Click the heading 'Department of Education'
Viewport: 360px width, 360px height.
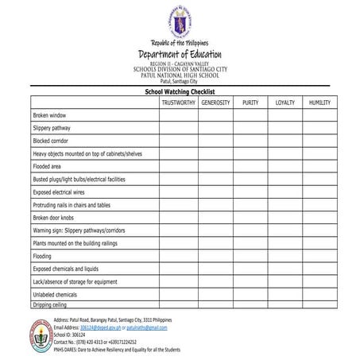pyautogui.click(x=180, y=53)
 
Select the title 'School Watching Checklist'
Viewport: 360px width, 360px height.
pyautogui.click(x=180, y=92)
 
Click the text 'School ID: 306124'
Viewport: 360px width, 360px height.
pyautogui.click(x=69, y=334)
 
